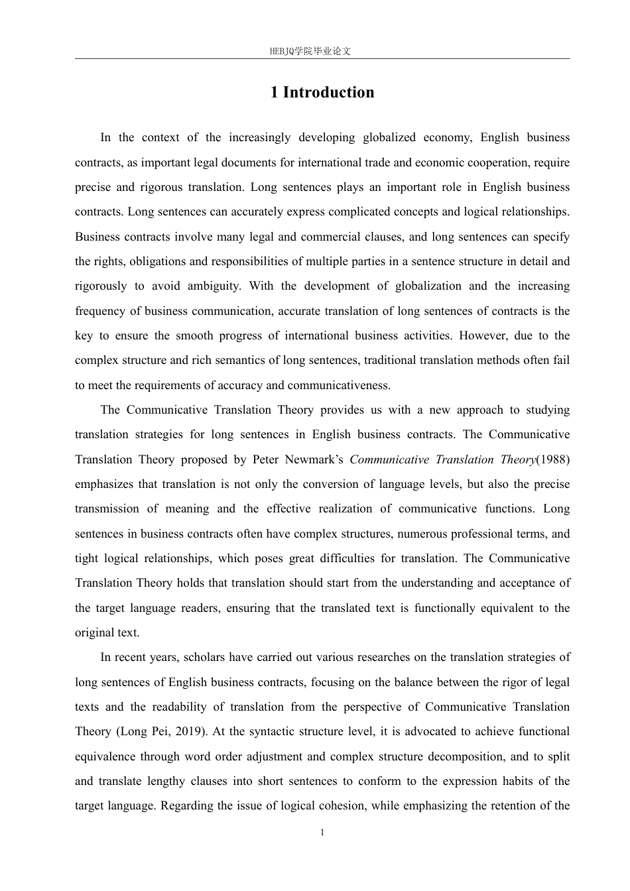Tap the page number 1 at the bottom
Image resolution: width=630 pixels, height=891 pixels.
[322, 833]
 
